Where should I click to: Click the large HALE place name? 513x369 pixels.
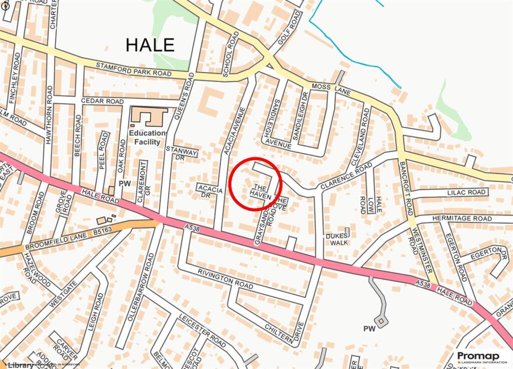[x=150, y=45]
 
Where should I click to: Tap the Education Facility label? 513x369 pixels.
[x=147, y=137]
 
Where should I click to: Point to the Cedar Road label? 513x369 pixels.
[x=102, y=101]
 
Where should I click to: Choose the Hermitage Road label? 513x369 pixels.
[x=461, y=219]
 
